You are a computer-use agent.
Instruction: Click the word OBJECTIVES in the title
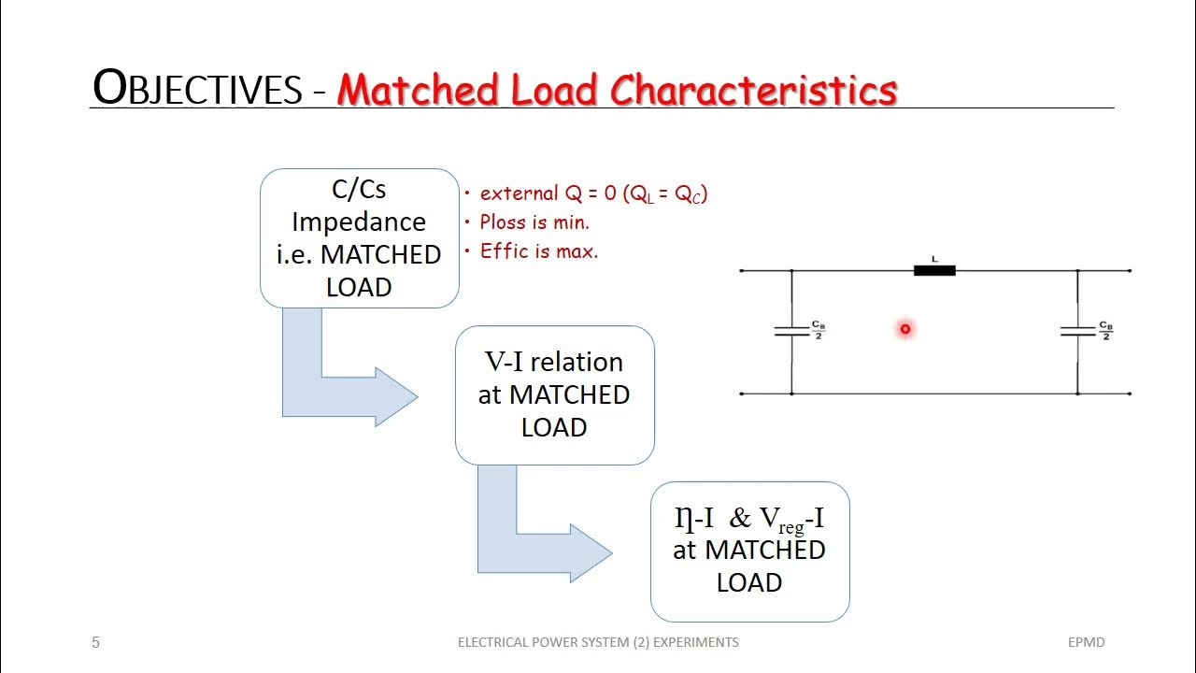[197, 89]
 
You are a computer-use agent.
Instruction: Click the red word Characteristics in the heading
[753, 90]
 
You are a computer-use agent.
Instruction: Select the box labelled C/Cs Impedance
[359, 238]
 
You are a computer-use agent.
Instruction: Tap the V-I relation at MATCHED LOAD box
[554, 394]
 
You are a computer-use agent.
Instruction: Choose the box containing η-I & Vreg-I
[749, 551]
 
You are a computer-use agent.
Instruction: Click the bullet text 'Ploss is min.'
[534, 222]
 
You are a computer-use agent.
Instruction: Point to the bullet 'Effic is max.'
[538, 251]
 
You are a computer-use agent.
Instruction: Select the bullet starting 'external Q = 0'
[592, 193]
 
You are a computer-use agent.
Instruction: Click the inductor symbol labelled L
[934, 270]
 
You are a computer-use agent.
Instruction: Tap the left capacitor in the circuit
[791, 331]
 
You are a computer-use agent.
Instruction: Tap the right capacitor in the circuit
[1077, 331]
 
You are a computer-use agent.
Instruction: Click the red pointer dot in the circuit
[905, 329]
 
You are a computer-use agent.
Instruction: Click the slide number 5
[95, 642]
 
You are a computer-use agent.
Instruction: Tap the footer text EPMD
[1087, 642]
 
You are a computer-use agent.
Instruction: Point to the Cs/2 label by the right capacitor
[1105, 331]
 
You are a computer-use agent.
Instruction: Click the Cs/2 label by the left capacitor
[819, 331]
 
